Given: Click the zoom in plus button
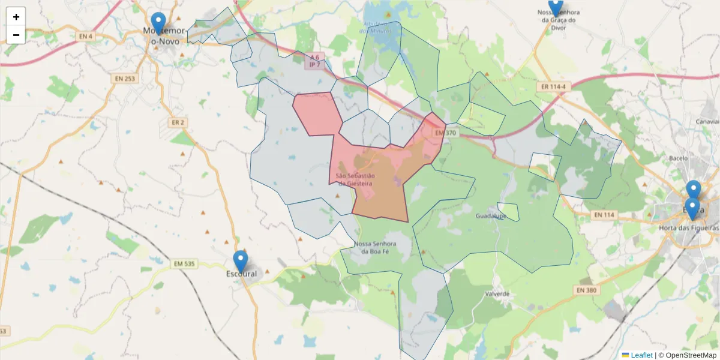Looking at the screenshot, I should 16,17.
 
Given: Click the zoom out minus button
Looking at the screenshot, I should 16,35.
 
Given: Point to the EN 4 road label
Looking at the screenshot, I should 86,37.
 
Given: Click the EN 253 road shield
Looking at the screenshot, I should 124,78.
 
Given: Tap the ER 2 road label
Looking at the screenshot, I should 178,122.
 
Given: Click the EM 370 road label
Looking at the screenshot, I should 445,133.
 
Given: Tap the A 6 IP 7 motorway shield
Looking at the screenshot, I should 315,60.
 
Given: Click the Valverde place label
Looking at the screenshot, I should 498,294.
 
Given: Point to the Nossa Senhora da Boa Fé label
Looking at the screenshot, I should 376,248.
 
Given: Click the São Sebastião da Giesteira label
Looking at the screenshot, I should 355,179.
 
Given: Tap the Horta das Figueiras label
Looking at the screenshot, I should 688,228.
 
